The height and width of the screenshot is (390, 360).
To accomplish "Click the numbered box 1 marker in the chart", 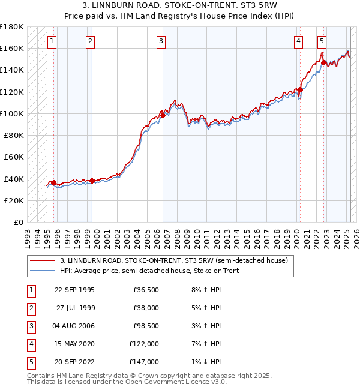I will pyautogui.click(x=52, y=41).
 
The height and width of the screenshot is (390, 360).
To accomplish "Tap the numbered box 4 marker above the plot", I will pyautogui.click(x=298, y=41).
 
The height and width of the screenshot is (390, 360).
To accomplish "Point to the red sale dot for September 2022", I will pyautogui.click(x=323, y=62).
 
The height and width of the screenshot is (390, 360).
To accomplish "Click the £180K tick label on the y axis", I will pyautogui.click(x=12, y=27).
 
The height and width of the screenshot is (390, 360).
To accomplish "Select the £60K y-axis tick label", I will pyautogui.click(x=14, y=157).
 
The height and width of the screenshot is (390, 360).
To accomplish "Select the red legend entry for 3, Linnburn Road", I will pyautogui.click(x=174, y=260).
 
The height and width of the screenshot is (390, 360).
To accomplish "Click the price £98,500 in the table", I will pyautogui.click(x=146, y=326).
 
